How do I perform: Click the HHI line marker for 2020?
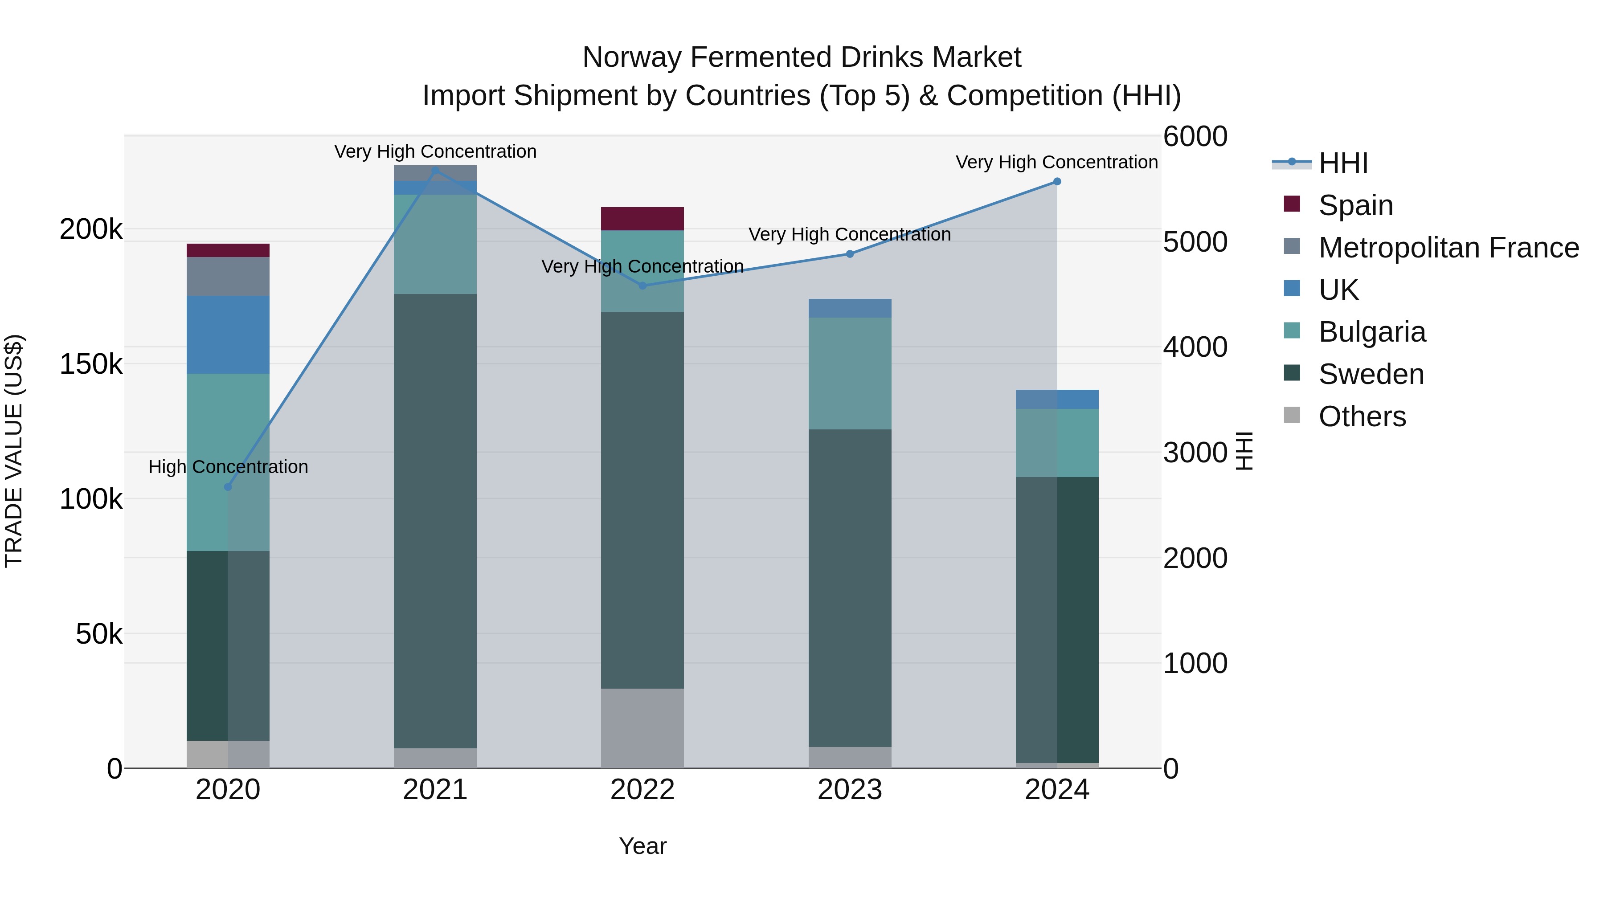[228, 487]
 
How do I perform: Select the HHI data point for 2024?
[1057, 182]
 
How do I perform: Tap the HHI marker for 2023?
[850, 254]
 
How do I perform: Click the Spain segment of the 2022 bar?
[642, 219]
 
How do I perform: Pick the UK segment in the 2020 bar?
[228, 335]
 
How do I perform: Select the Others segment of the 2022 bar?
[642, 728]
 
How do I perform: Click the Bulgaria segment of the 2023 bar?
[850, 374]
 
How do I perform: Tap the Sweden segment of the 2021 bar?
[435, 521]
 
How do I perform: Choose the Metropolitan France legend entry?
[1449, 248]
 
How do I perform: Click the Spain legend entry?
[1355, 205]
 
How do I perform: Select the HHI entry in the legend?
[1343, 163]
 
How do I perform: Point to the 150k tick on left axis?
[91, 364]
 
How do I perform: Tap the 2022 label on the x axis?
[642, 790]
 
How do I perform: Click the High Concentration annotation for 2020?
[228, 467]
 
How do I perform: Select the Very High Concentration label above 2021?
[435, 151]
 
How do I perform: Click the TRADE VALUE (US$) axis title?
[14, 451]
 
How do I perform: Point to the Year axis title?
[642, 846]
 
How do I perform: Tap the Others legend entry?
[1362, 416]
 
